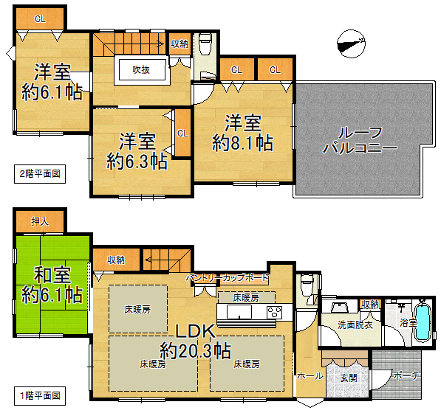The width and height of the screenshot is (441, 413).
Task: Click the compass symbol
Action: pyautogui.click(x=351, y=44)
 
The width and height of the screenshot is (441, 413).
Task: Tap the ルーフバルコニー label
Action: pyautogui.click(x=360, y=140)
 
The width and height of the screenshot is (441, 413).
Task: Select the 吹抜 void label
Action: pyautogui.click(x=141, y=69)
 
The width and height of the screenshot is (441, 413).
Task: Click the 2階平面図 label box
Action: pyautogui.click(x=40, y=174)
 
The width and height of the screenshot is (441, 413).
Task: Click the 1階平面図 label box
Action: pyautogui.click(x=40, y=396)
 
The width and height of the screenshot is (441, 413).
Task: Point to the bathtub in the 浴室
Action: pyautogui.click(x=423, y=322)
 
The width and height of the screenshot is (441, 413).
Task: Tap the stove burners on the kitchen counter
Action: pyautogui.click(x=275, y=312)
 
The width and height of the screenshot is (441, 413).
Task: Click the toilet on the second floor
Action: pyautogui.click(x=205, y=44)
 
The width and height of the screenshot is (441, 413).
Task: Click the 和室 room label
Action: pyautogui.click(x=52, y=275)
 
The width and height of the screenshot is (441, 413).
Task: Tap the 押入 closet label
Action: pyautogui.click(x=40, y=222)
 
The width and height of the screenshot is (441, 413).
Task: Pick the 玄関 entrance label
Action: pyautogui.click(x=349, y=378)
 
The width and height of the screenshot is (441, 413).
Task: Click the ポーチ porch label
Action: pyautogui.click(x=406, y=375)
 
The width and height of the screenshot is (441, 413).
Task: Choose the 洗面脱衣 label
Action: pyautogui.click(x=355, y=324)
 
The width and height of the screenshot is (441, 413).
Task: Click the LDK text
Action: pyautogui.click(x=196, y=331)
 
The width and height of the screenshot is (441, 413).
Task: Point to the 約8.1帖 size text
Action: pyautogui.click(x=242, y=143)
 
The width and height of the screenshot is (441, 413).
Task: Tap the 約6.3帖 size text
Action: pyautogui.click(x=137, y=162)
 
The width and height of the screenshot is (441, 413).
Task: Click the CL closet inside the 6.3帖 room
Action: pyautogui.click(x=182, y=133)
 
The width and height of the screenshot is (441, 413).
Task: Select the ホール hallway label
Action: pyautogui.click(x=310, y=375)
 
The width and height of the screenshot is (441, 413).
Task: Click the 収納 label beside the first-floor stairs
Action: pyautogui.click(x=116, y=260)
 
